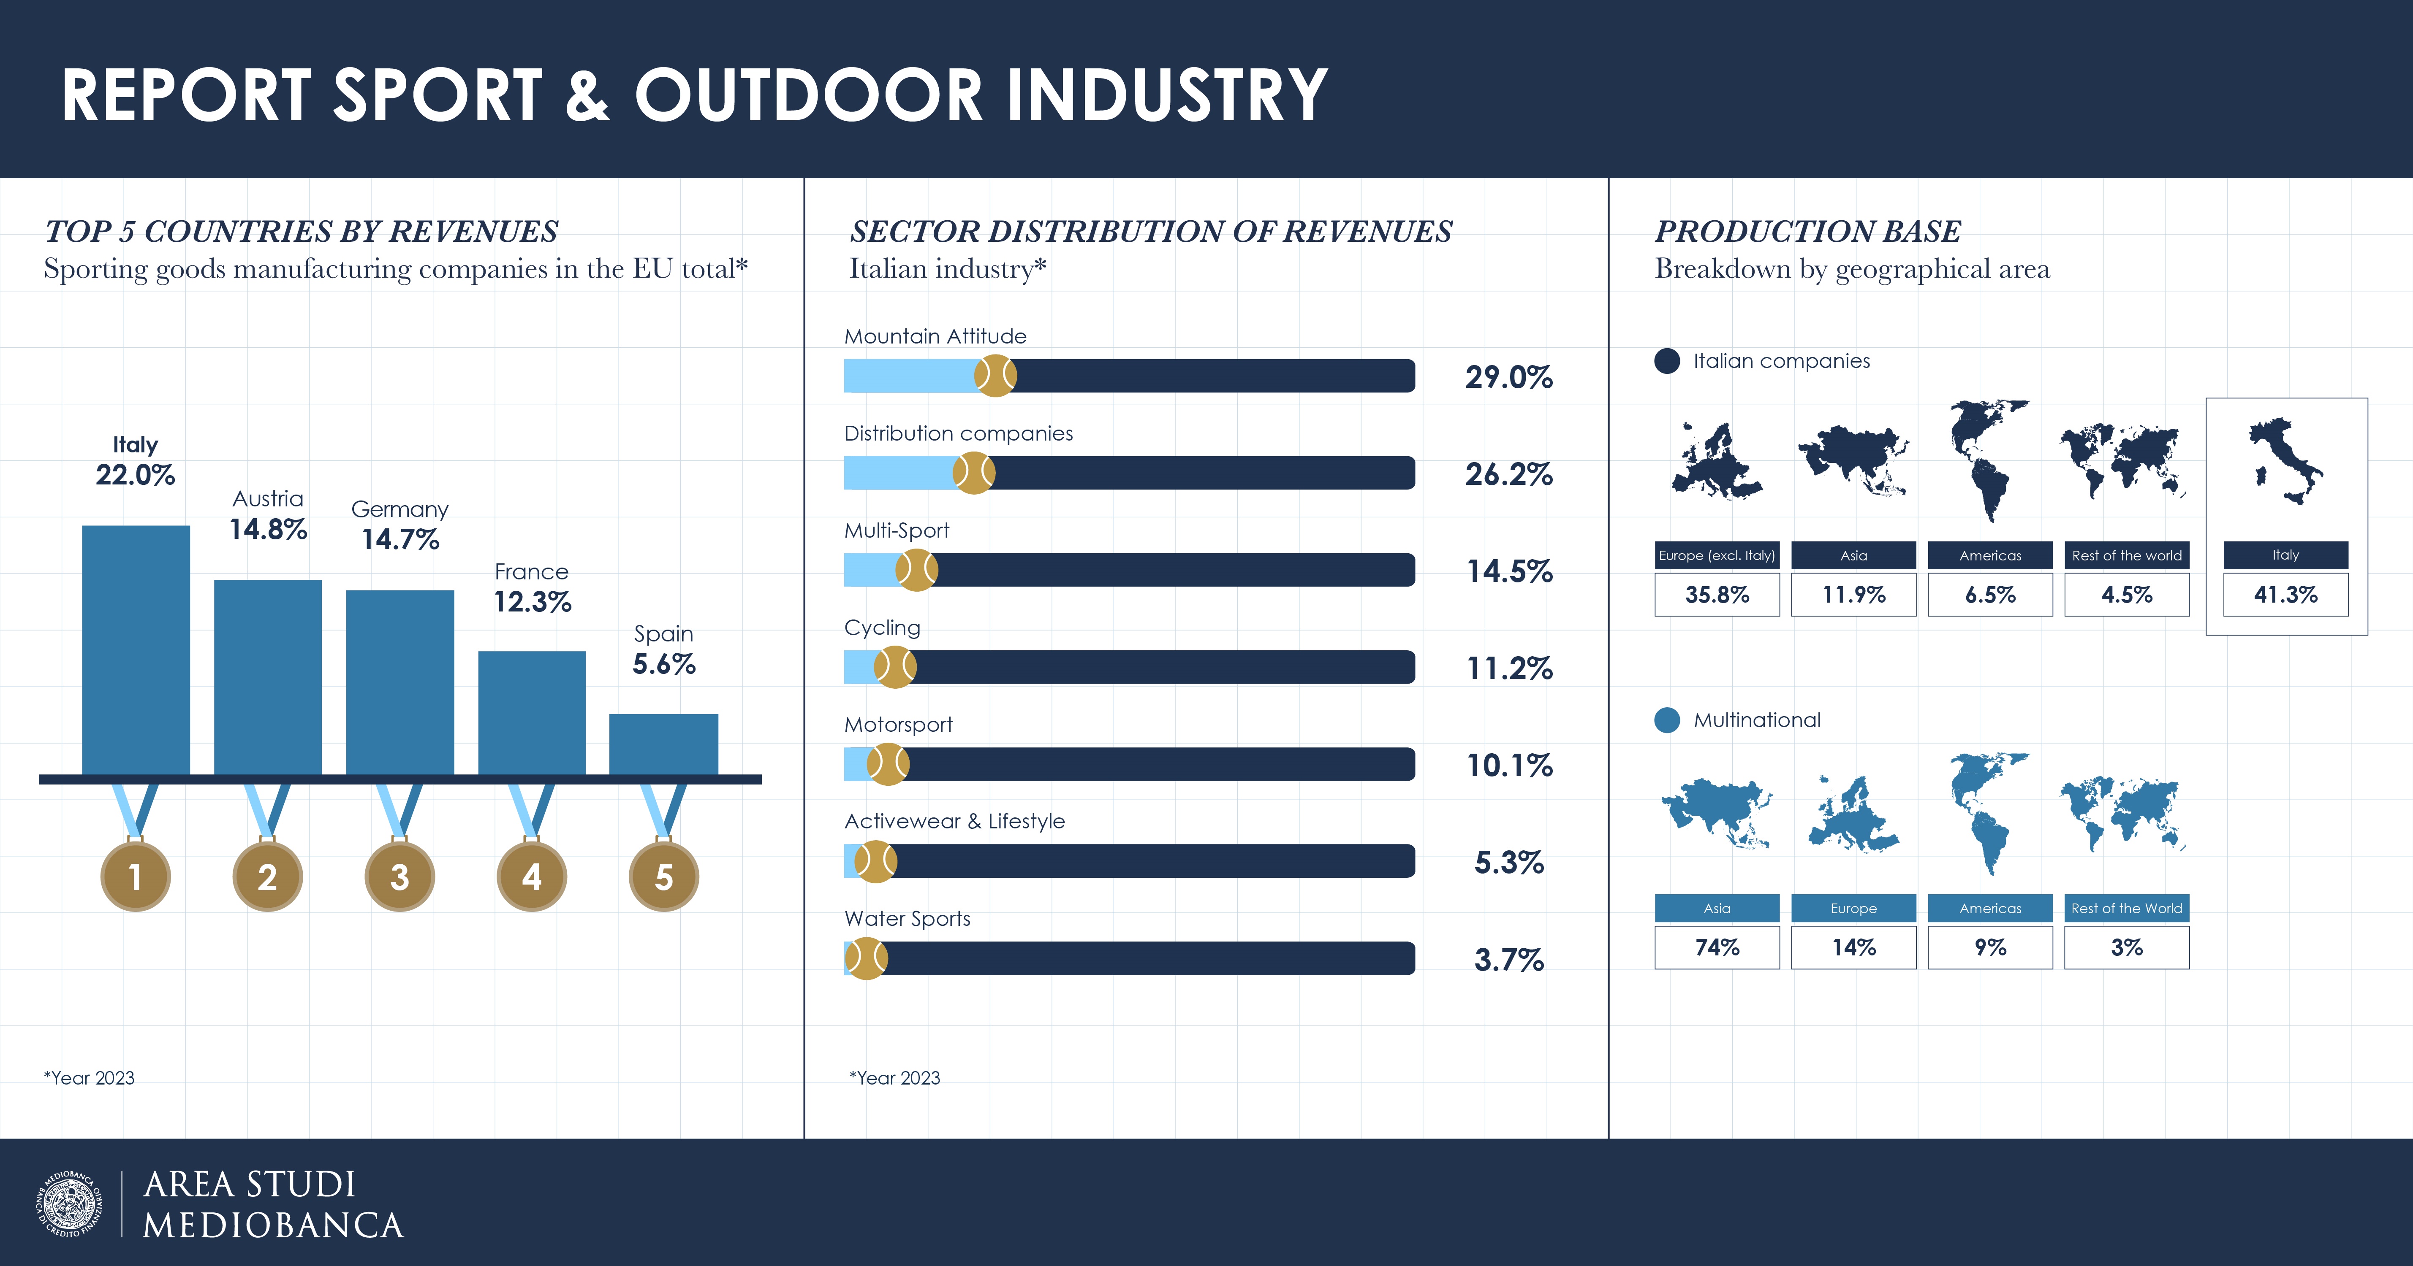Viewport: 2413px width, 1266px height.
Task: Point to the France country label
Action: tap(531, 571)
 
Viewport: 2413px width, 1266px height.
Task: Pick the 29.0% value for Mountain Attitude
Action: tap(1508, 376)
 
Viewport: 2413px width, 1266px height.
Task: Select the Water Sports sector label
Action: tap(907, 919)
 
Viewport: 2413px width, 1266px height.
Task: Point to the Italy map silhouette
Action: tap(2285, 461)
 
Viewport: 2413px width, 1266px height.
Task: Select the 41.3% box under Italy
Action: tap(2285, 595)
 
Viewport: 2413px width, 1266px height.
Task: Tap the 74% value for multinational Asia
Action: tap(1717, 948)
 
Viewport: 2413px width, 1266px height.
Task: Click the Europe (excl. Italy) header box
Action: tap(1717, 555)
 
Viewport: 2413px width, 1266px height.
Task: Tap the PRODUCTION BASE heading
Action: tap(1808, 231)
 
